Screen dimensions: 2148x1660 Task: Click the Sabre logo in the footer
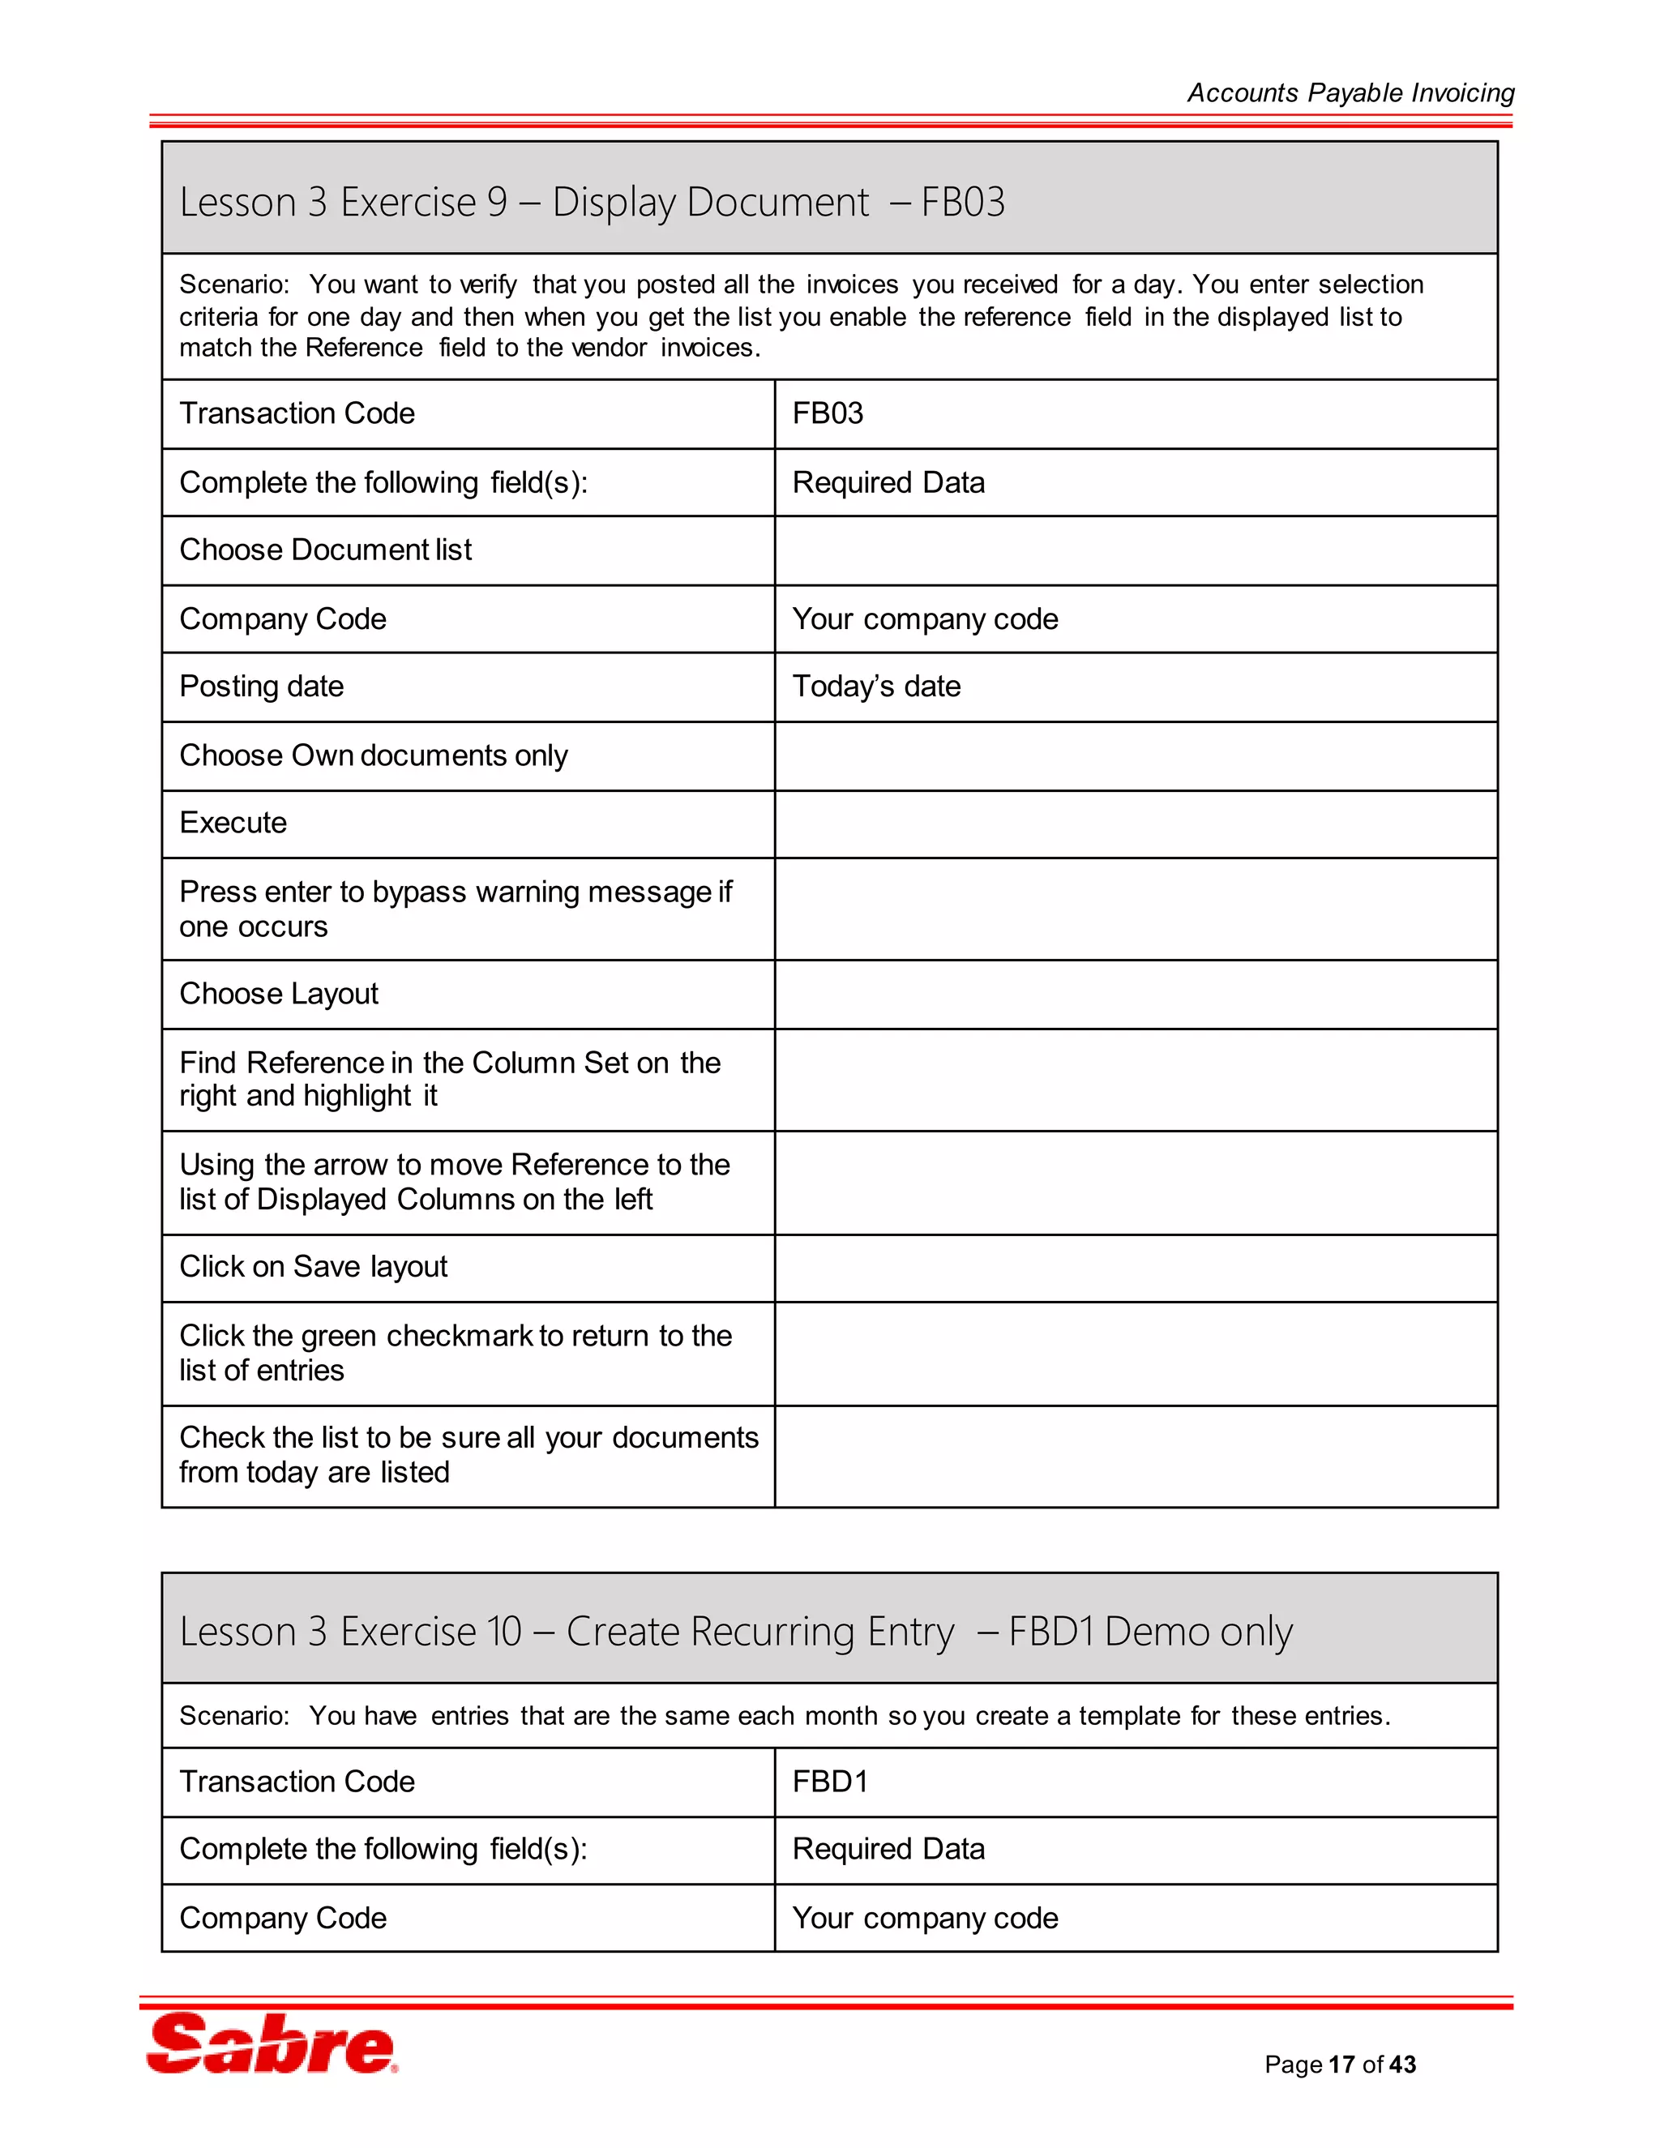click(x=272, y=2043)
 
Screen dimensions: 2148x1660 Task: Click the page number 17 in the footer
click(x=1341, y=2065)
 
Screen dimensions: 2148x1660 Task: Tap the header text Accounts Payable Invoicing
click(x=1350, y=92)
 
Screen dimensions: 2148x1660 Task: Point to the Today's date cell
click(x=876, y=687)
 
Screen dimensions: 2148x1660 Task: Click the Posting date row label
click(x=262, y=687)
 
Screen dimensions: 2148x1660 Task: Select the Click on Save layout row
click(x=313, y=1267)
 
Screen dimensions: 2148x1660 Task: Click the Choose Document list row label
click(x=326, y=550)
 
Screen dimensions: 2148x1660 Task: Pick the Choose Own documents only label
click(x=374, y=755)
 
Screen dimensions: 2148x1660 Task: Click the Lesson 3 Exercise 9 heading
click(x=592, y=202)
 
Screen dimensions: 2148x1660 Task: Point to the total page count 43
click(x=1403, y=2065)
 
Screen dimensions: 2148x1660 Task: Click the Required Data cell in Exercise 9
click(x=888, y=482)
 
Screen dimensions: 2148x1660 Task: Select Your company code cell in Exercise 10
click(x=924, y=1918)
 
